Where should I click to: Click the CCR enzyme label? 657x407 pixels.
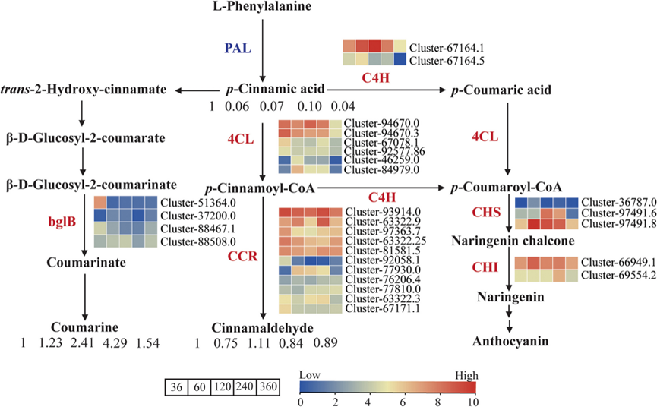pos(245,257)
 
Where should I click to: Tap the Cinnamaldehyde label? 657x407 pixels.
pos(262,328)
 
